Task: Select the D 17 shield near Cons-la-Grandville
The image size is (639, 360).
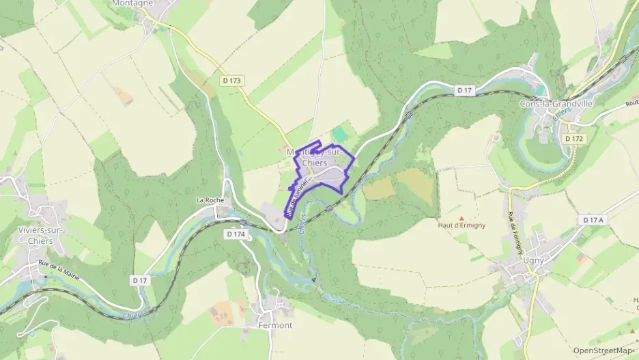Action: click(x=465, y=90)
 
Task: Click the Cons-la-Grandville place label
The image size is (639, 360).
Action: click(x=556, y=104)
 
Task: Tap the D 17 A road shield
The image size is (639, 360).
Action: click(x=593, y=220)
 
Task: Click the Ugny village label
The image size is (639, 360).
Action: click(x=531, y=261)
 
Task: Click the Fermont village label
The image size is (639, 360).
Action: click(x=275, y=325)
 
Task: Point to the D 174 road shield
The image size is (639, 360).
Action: click(x=235, y=234)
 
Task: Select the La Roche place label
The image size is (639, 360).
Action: click(x=210, y=200)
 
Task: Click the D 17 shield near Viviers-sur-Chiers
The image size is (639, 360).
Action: click(x=140, y=280)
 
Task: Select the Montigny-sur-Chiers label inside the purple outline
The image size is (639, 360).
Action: click(x=315, y=157)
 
